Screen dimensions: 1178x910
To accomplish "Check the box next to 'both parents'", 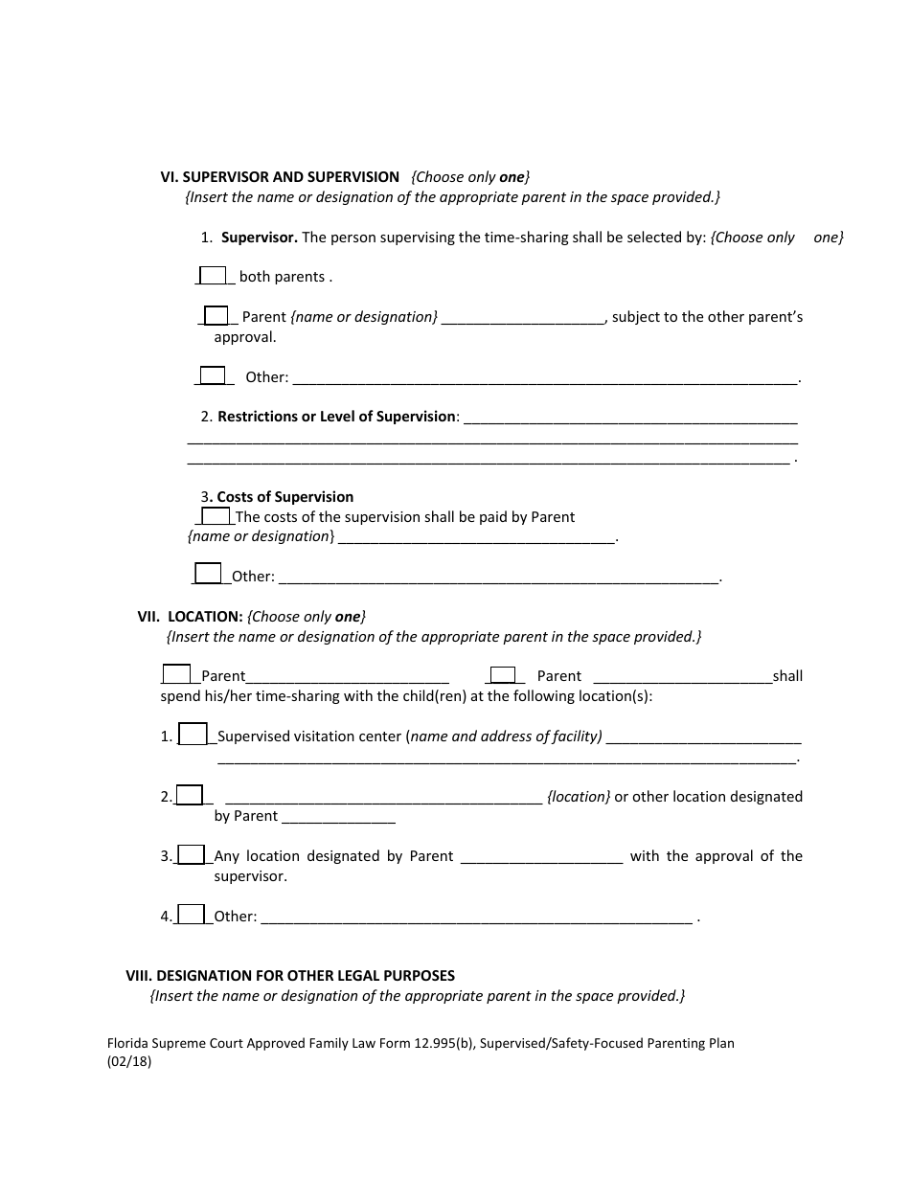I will click(212, 276).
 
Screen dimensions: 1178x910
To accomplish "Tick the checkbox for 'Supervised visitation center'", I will click(193, 735).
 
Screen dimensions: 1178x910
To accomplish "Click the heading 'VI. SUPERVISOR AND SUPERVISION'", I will click(280, 177).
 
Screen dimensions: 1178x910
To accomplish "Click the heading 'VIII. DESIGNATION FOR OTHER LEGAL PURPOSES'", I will click(290, 976).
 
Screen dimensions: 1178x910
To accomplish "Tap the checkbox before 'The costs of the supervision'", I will click(216, 516).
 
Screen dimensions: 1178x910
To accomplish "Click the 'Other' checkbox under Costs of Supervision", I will click(208, 575).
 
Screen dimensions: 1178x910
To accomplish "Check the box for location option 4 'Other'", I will click(192, 915).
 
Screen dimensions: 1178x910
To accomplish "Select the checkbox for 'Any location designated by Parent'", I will click(192, 854).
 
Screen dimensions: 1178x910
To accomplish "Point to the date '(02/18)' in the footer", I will click(129, 1061).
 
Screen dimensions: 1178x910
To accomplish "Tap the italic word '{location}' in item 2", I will click(579, 796).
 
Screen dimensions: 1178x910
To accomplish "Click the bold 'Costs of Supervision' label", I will click(284, 497).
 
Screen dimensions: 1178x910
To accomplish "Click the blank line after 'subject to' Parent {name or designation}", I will click(523, 318).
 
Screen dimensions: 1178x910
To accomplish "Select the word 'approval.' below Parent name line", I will click(245, 337).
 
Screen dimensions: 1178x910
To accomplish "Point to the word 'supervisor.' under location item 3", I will click(250, 876).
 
